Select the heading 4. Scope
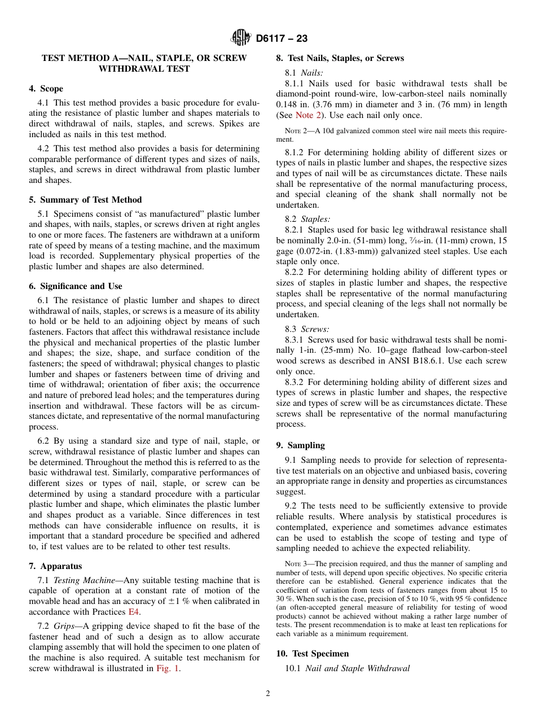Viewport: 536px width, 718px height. pyautogui.click(x=46, y=89)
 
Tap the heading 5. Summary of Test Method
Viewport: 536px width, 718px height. pyautogui.click(x=85, y=200)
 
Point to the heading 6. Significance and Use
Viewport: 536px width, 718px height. pyautogui.click(x=76, y=286)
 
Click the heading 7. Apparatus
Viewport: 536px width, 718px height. pyautogui.click(x=55, y=566)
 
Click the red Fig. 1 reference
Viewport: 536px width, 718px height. pyautogui.click(x=168, y=668)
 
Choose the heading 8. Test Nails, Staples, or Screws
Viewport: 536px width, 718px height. pyautogui.click(x=340, y=58)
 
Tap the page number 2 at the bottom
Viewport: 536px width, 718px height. pyautogui.click(x=268, y=694)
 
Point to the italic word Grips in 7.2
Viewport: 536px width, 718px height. pyautogui.click(x=64, y=626)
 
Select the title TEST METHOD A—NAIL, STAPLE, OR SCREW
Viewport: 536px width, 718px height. pyautogui.click(x=144, y=58)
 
